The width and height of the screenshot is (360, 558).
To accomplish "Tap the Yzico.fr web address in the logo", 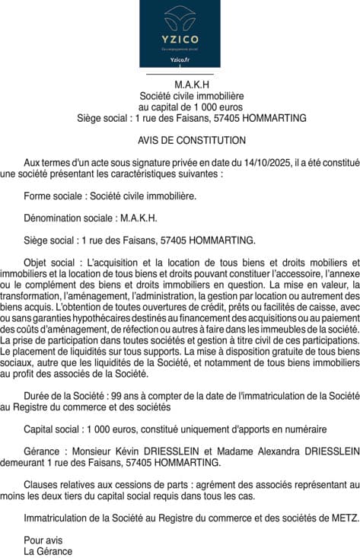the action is pos(180,59).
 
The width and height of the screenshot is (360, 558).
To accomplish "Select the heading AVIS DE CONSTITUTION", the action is pos(192,141).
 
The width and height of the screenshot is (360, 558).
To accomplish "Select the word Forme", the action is pos(37,196).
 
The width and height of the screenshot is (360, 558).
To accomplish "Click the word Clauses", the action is pos(40,484).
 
